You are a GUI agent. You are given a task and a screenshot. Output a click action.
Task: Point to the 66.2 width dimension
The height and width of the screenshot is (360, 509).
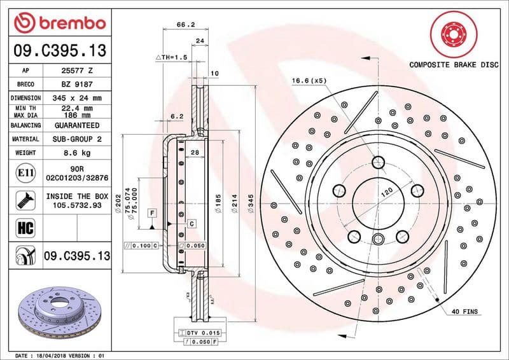click(185, 25)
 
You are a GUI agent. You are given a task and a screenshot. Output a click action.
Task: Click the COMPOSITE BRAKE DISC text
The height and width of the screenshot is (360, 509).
click(453, 64)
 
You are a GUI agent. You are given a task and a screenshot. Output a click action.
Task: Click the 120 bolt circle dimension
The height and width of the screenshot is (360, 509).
click(386, 191)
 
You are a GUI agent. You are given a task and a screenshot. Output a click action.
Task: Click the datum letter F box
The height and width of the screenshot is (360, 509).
click(153, 211)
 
